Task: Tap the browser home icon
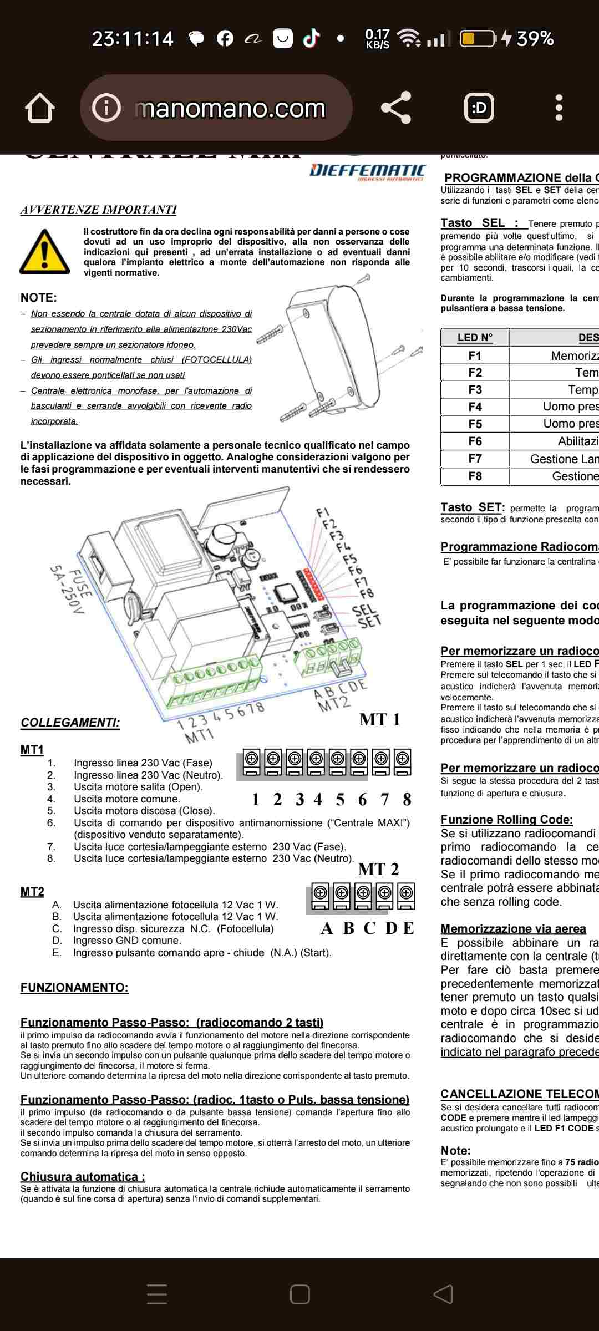[x=40, y=108]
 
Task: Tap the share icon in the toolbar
[x=396, y=108]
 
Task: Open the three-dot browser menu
[x=559, y=108]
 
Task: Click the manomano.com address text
[x=230, y=109]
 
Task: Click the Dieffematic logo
[x=367, y=171]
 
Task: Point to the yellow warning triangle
[x=44, y=252]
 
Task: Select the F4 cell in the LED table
[x=475, y=407]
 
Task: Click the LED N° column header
[x=475, y=338]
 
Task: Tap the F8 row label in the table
[x=475, y=476]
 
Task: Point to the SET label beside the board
[x=369, y=621]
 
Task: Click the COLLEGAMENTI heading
[x=70, y=723]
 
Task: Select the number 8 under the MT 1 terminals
[x=407, y=799]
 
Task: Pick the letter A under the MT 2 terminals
[x=327, y=928]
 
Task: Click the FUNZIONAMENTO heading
[x=74, y=987]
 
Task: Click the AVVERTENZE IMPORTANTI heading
[x=98, y=210]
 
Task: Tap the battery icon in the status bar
[x=477, y=38]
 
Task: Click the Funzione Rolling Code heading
[x=506, y=819]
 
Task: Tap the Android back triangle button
[x=443, y=1294]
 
